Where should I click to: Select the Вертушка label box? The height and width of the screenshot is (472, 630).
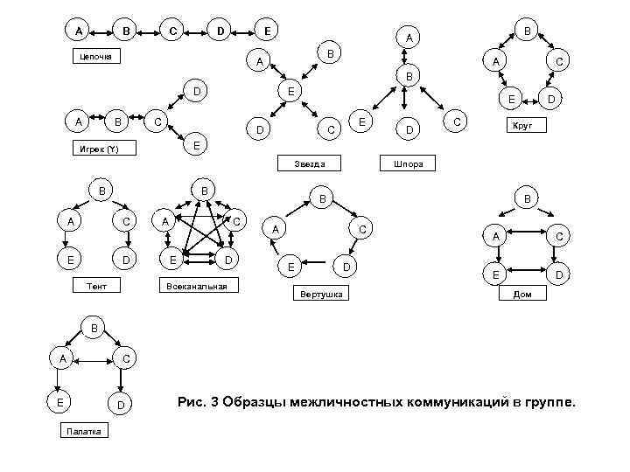[322, 294]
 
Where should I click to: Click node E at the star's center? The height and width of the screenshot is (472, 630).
[294, 92]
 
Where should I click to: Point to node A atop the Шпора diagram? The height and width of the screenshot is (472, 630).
[409, 38]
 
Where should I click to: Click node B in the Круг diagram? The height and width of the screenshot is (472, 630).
[526, 29]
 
